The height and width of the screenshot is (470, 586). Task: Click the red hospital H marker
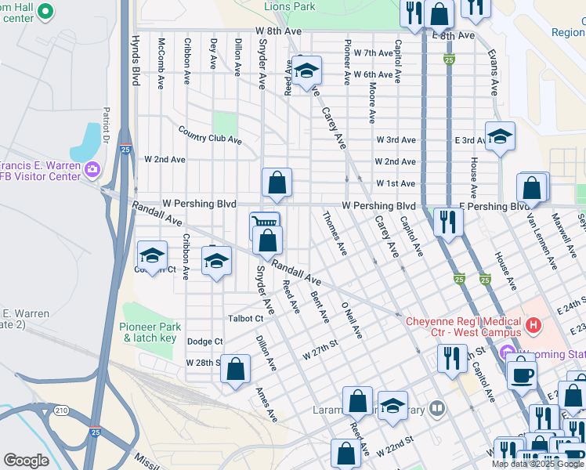534,324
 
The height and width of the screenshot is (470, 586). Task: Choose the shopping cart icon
264,224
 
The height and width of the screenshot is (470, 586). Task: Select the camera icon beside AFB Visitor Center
92,169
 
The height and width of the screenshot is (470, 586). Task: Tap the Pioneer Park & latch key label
150,332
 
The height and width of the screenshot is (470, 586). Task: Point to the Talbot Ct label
245,319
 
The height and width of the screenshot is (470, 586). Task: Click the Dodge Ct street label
205,342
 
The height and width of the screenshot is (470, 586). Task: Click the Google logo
26,460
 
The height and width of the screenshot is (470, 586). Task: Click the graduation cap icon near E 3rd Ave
500,136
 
